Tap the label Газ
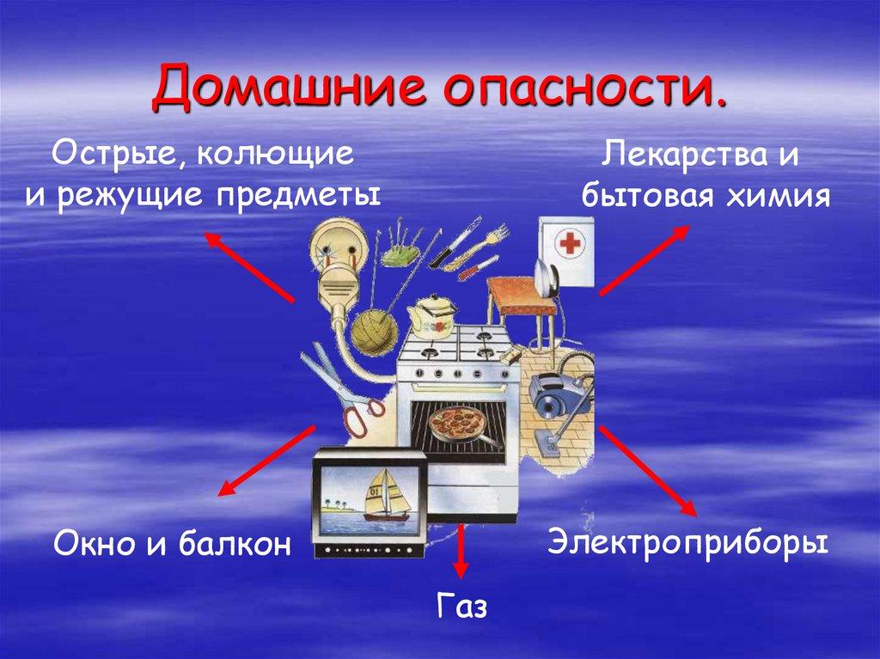461,607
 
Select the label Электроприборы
688,542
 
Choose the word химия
775,197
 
